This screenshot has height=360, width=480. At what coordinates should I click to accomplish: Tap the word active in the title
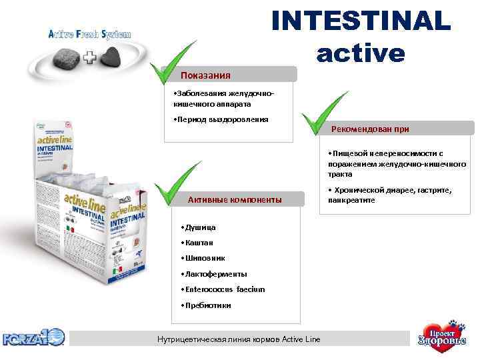(x=361, y=52)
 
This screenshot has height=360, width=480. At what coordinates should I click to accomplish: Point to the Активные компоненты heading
(x=235, y=199)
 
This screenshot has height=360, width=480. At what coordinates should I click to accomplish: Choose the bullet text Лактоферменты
(x=213, y=273)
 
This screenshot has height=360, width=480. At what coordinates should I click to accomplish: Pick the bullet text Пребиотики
(x=205, y=305)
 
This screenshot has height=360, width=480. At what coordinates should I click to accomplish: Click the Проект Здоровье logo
(x=439, y=337)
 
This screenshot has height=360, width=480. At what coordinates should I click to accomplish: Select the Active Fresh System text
(x=89, y=34)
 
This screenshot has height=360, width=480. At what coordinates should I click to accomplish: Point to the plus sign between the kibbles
(x=89, y=58)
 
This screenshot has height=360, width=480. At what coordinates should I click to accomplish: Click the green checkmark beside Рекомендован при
(x=322, y=113)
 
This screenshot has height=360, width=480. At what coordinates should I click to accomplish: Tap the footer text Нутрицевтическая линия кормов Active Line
(x=238, y=339)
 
